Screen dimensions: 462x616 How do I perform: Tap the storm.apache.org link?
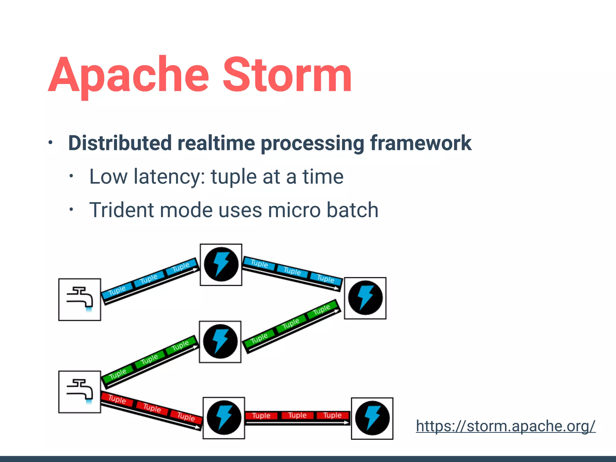point(506,426)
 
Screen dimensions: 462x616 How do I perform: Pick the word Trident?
point(122,210)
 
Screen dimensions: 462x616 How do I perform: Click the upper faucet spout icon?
point(80,300)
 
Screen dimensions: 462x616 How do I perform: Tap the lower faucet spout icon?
point(80,392)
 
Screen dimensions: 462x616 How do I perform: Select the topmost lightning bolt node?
point(221,265)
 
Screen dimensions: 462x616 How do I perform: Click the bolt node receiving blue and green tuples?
point(365,298)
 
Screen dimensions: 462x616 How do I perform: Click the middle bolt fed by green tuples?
point(220,342)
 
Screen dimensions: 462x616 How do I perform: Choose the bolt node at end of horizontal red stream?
point(372,418)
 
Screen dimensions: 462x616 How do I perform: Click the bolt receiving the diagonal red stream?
point(224,418)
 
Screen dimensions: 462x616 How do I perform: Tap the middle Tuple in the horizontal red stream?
point(297,415)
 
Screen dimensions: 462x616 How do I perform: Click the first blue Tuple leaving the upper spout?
point(117,291)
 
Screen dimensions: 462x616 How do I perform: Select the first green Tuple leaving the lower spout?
point(118,374)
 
